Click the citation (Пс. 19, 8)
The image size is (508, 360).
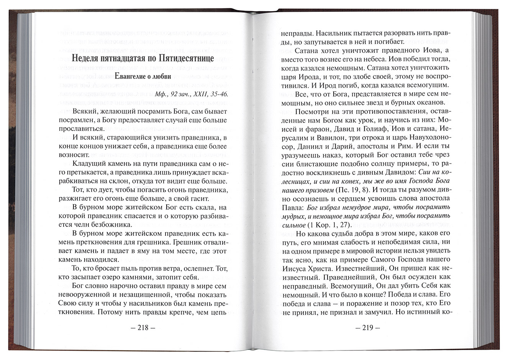pyautogui.click(x=351, y=190)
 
